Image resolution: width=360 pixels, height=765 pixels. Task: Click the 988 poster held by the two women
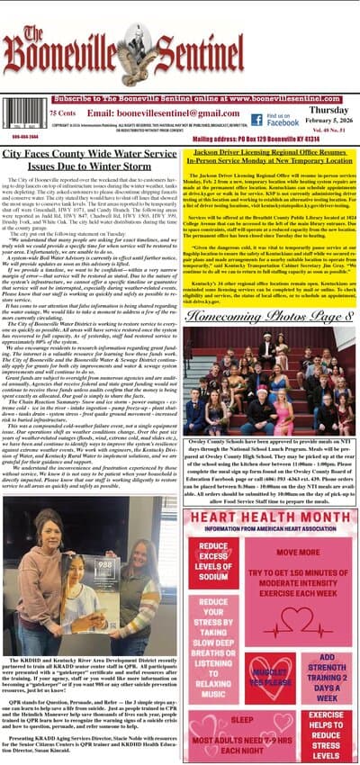(105, 550)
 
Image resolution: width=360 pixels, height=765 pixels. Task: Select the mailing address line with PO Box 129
(270, 139)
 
